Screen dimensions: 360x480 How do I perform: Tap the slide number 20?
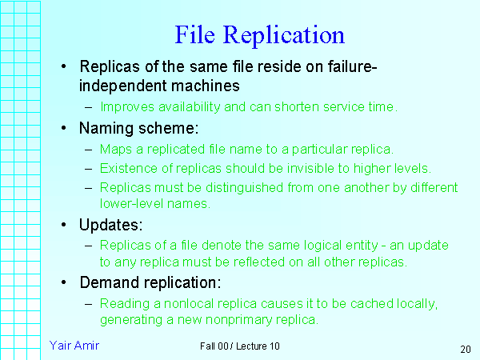466,349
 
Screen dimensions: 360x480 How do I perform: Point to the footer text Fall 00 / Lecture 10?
241,346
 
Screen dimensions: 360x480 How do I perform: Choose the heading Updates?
112,226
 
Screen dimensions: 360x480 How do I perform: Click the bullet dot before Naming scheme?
64,128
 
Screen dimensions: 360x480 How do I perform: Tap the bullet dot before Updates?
64,226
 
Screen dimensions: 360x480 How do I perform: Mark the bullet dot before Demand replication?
64,282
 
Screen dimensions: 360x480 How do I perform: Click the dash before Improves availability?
88,106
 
